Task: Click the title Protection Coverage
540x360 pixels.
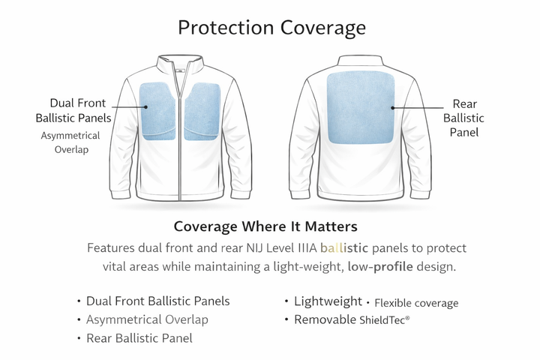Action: click(271, 28)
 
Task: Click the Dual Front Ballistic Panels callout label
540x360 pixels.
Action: click(73, 110)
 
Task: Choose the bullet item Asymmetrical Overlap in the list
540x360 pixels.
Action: click(147, 320)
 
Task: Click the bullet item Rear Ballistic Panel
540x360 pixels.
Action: click(139, 338)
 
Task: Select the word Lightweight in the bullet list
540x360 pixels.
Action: click(328, 301)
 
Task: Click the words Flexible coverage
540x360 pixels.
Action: click(416, 303)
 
